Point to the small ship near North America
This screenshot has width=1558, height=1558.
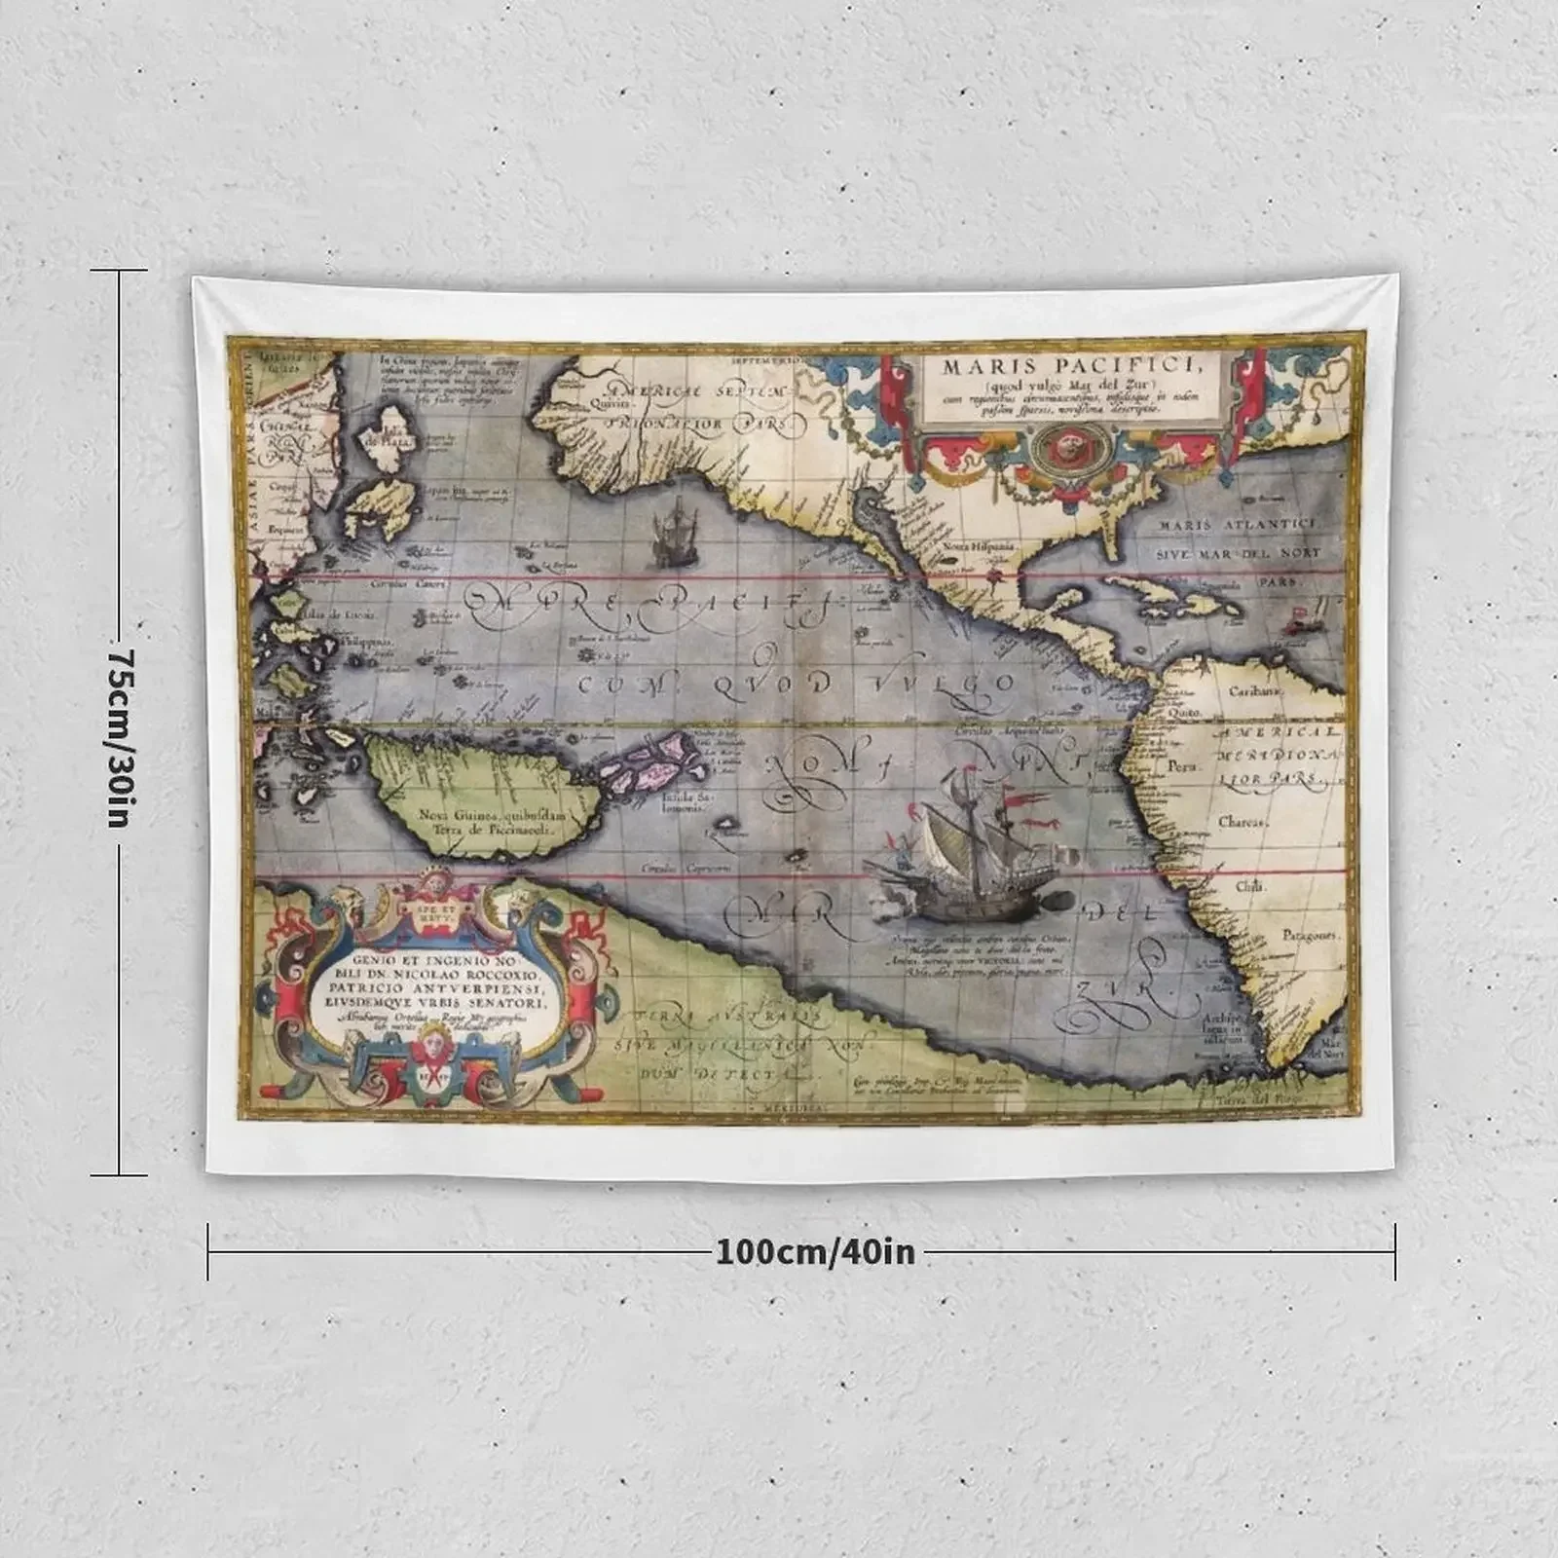(x=670, y=534)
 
